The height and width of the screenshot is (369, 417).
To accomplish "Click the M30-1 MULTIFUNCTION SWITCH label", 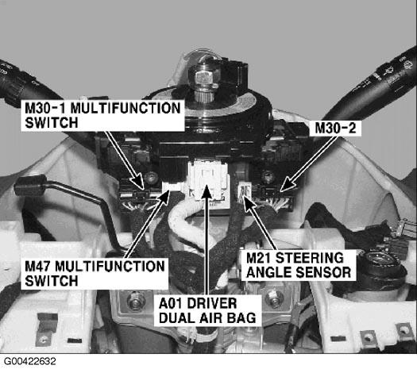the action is (102, 116).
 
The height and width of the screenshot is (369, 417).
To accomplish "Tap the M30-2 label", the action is (335, 129).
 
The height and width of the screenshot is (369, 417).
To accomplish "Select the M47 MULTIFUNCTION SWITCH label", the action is (95, 274).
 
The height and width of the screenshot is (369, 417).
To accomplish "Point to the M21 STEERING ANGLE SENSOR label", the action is (299, 265).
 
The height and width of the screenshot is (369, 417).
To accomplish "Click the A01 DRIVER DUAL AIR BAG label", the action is (207, 310).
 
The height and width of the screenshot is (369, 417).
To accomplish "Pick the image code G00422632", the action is (30, 361).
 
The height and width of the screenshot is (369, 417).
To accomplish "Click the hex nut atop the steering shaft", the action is (204, 77).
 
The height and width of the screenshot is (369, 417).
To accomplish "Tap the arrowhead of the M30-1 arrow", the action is (139, 182).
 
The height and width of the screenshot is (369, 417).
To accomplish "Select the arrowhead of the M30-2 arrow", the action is (288, 184).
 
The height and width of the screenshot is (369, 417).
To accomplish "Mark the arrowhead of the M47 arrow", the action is (165, 196).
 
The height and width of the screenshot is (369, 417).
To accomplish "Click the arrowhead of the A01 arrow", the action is (206, 190).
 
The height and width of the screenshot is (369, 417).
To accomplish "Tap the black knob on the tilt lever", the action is (31, 185).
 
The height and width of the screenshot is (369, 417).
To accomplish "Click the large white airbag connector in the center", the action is (207, 181).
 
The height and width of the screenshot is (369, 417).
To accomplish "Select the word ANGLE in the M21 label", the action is (268, 272).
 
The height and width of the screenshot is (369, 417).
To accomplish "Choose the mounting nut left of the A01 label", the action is (136, 301).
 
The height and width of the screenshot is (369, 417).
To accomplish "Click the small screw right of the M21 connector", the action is (268, 177).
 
